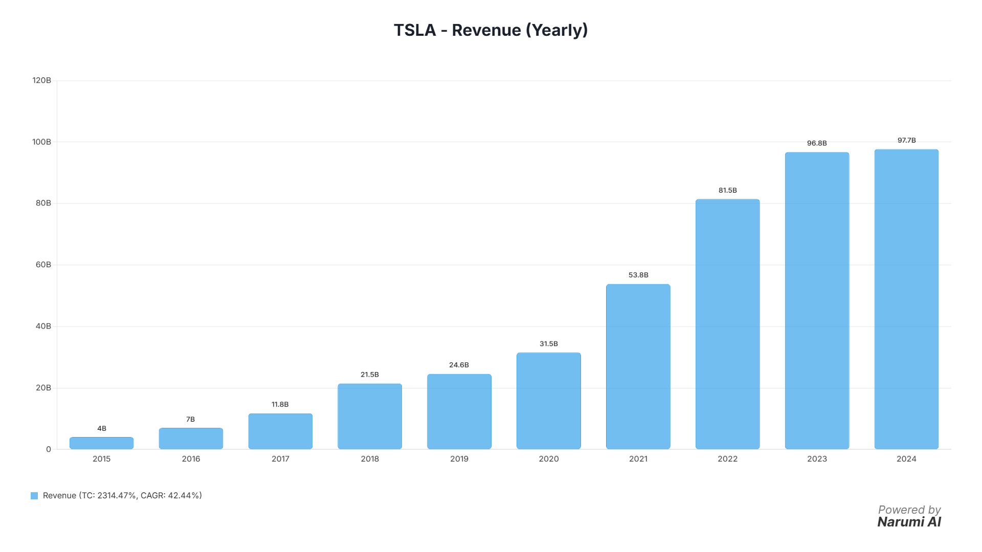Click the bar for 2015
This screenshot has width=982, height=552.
coord(101,443)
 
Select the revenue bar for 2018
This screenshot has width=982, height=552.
coord(370,417)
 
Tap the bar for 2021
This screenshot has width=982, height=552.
coord(638,366)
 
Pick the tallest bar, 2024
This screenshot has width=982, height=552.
coord(906,299)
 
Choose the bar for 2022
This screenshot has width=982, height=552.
coord(727,324)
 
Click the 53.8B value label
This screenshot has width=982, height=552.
coord(638,275)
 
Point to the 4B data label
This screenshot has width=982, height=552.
coord(102,428)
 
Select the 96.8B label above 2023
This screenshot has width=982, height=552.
coord(817,143)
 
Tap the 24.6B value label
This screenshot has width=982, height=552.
coord(459,365)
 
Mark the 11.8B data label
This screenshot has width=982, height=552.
coord(280,404)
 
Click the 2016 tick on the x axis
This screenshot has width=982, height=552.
coord(191,459)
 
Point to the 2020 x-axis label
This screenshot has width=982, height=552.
coord(549,459)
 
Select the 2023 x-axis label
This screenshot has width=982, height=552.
coord(817,459)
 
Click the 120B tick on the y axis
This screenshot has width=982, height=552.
coord(41,80)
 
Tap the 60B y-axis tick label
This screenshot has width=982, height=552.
coord(43,265)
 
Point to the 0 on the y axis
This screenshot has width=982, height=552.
coord(49,449)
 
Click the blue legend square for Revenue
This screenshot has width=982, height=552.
coord(34,496)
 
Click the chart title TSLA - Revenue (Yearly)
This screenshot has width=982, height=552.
coord(490,30)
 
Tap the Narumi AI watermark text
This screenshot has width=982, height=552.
coord(909,522)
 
